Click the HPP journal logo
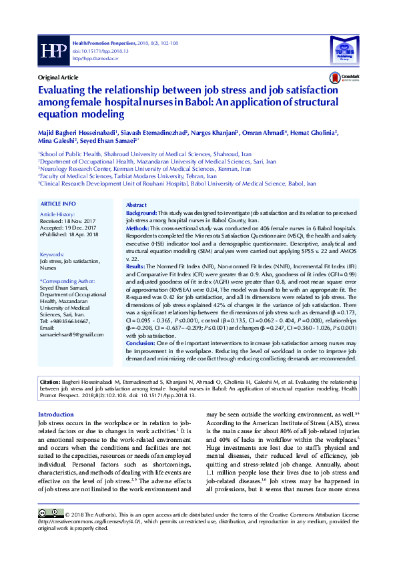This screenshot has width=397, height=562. pyautogui.click(x=52, y=50)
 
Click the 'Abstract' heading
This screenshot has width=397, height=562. pyautogui.click(x=136, y=205)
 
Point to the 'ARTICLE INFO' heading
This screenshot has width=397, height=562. pyautogui.click(x=58, y=203)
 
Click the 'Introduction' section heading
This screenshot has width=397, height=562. pyautogui.click(x=56, y=414)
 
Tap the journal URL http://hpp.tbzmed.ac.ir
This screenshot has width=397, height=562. pyautogui.click(x=94, y=58)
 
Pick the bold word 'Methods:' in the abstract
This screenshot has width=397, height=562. pyautogui.click(x=138, y=228)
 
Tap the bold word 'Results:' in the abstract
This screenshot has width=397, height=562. pyautogui.click(x=136, y=266)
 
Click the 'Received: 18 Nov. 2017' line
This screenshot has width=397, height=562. pyautogui.click(x=68, y=220)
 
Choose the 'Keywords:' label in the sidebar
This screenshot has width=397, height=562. pyautogui.click(x=53, y=255)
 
